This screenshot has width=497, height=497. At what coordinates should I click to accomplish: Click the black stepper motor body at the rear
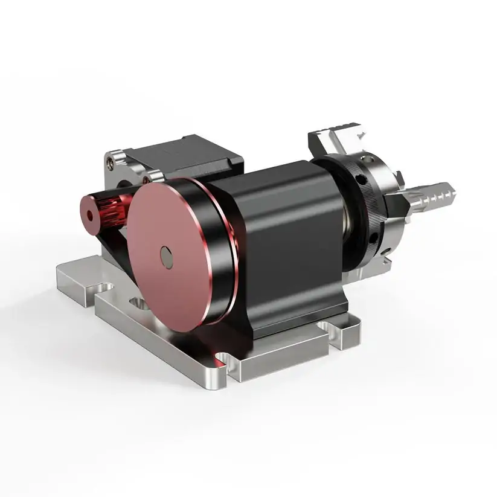tap(193, 158)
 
